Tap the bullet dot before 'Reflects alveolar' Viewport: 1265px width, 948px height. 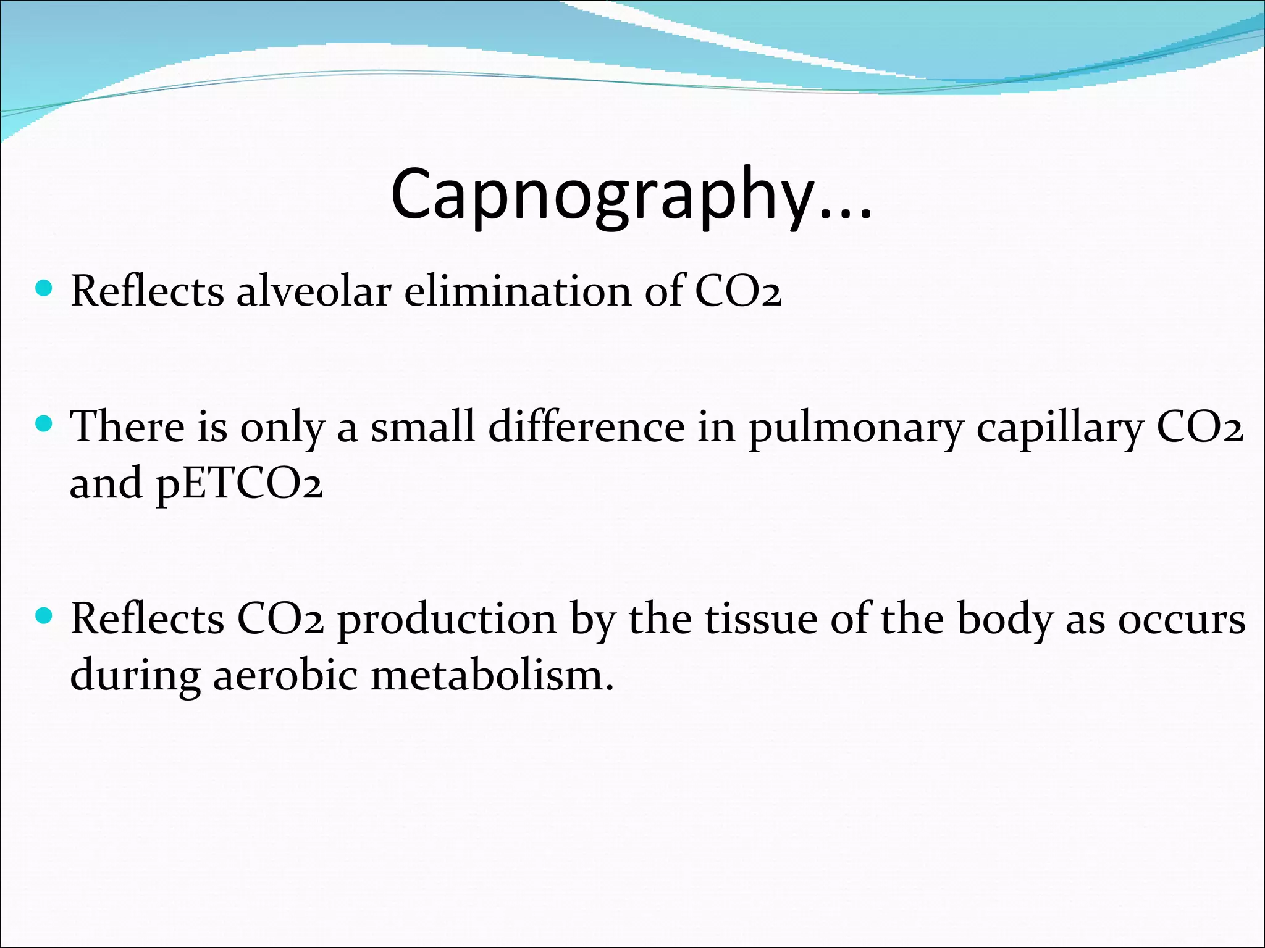[44, 288]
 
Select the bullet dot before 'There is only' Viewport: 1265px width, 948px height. [44, 424]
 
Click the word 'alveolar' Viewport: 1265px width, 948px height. [314, 291]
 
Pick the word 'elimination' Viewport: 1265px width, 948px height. [518, 291]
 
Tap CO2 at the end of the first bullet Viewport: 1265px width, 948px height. [738, 291]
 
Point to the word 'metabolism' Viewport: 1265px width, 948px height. [492, 675]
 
